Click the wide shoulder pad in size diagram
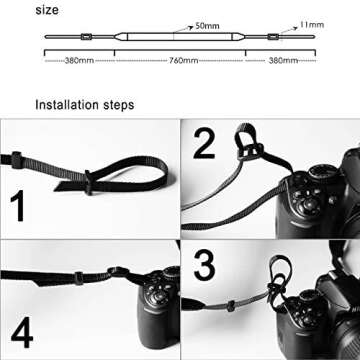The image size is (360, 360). [180, 40]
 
